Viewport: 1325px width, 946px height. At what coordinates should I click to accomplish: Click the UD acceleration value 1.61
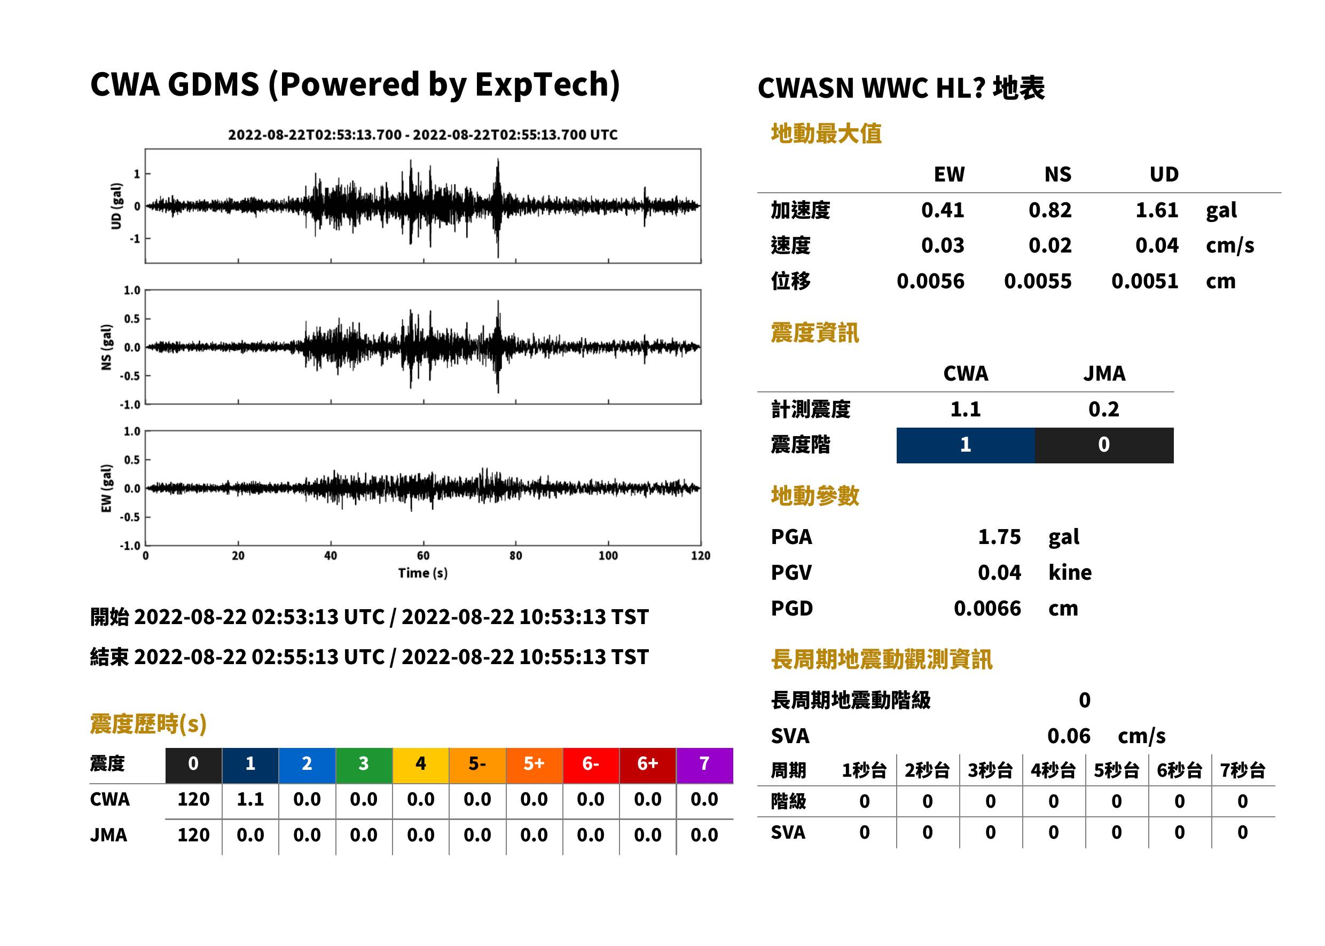point(1157,210)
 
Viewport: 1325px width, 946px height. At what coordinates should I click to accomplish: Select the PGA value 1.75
point(999,537)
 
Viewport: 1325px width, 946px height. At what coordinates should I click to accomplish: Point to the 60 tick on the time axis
point(423,556)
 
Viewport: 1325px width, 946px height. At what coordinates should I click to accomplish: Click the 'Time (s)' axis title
point(423,573)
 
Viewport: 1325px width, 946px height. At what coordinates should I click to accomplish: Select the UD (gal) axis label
point(116,206)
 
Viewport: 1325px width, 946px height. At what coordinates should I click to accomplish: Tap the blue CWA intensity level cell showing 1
point(966,445)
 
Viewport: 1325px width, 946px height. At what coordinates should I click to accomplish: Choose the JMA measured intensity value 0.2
point(1103,409)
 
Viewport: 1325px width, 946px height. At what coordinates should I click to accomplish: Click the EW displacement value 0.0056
point(930,281)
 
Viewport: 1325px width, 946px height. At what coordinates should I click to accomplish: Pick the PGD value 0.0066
point(987,609)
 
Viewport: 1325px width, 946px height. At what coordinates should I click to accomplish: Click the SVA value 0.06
point(1069,736)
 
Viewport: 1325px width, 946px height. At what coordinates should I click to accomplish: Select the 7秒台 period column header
point(1243,771)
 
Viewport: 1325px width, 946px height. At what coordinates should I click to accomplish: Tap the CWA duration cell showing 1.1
point(250,800)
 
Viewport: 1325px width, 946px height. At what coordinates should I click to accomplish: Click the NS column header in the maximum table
point(1057,175)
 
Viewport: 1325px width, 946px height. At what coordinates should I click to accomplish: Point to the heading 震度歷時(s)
point(148,724)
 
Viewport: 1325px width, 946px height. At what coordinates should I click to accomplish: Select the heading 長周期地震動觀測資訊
point(882,659)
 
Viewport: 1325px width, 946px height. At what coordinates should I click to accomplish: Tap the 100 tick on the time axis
point(608,556)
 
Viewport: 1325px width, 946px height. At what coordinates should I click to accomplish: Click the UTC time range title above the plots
point(423,135)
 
